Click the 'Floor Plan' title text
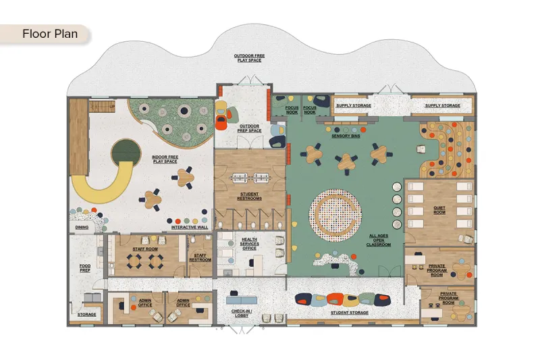pyautogui.click(x=50, y=34)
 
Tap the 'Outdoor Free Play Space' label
pyautogui.click(x=249, y=58)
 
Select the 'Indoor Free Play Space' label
pyautogui.click(x=165, y=159)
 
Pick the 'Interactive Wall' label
pyautogui.click(x=190, y=228)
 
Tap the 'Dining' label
pyautogui.click(x=82, y=228)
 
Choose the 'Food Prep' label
pyautogui.click(x=85, y=268)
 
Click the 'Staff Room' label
pyautogui.click(x=145, y=249)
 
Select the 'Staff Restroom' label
pyautogui.click(x=200, y=258)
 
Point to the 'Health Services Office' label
pyautogui.click(x=249, y=244)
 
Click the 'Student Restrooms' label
pyautogui.click(x=249, y=197)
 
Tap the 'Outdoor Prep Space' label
pyautogui.click(x=249, y=128)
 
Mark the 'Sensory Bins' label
pyautogui.click(x=346, y=136)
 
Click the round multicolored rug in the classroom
pyautogui.click(x=335, y=215)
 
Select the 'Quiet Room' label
pyautogui.click(x=439, y=210)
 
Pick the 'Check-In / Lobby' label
pyautogui.click(x=242, y=313)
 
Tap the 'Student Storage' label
pyautogui.click(x=350, y=313)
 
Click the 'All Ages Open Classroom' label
pyautogui.click(x=379, y=240)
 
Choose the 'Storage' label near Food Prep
pyautogui.click(x=87, y=315)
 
